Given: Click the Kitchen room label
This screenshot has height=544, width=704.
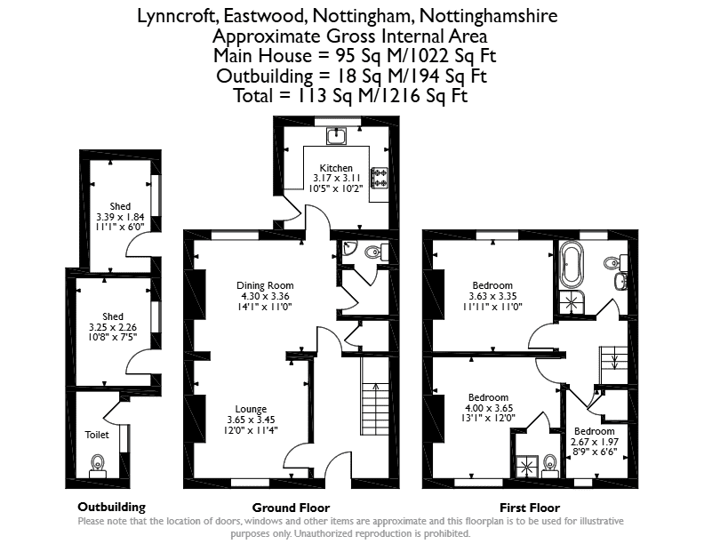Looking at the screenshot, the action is pos(336,168).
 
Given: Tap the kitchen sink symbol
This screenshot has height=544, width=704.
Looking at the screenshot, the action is pos(336,136).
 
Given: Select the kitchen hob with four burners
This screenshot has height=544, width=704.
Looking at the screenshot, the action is pos(380,177).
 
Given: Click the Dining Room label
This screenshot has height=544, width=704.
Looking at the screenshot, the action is pos(265,285).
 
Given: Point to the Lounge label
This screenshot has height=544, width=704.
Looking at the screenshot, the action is pos(251,409).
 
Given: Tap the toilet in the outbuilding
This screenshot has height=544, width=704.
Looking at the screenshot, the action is pos(98,467).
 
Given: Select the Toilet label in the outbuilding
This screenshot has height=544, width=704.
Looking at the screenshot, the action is pos(97,435).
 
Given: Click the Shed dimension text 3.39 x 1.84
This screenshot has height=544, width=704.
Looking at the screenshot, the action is pos(120,217).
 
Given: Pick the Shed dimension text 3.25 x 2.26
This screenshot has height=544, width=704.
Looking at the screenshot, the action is pos(113,327).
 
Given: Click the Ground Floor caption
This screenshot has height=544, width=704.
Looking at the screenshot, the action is pos(291,508).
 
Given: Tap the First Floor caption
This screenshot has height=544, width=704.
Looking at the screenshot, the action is pos(530,508).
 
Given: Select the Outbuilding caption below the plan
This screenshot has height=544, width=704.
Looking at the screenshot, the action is pos(112,508).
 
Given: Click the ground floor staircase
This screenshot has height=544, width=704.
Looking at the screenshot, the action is pos(374,396).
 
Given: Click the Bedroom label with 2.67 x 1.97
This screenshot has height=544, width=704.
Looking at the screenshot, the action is pos(595,431).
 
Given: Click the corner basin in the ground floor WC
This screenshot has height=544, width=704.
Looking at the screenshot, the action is pos(348,247).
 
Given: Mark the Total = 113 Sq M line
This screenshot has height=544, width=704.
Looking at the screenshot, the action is pos(351,96).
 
